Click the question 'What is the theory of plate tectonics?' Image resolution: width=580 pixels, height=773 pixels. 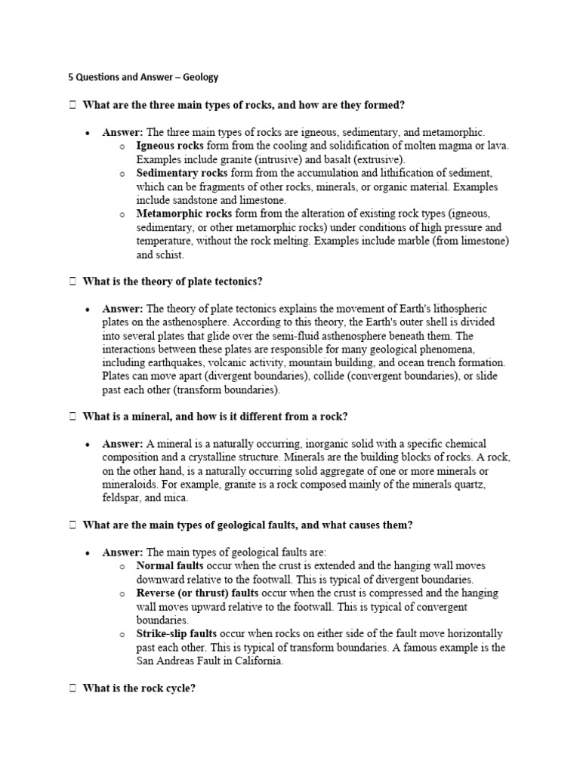point(172,282)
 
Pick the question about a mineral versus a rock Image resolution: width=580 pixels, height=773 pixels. point(214,417)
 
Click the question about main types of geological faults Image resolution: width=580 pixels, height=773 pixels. point(246,525)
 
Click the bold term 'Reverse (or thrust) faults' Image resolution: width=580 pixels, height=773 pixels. point(197,593)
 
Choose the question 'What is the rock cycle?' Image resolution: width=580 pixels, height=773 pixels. point(139,688)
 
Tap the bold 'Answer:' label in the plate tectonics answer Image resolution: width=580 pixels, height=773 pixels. point(122,309)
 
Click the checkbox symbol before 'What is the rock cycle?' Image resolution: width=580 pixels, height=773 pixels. point(72,688)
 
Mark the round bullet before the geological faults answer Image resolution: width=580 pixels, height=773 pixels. point(88,553)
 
